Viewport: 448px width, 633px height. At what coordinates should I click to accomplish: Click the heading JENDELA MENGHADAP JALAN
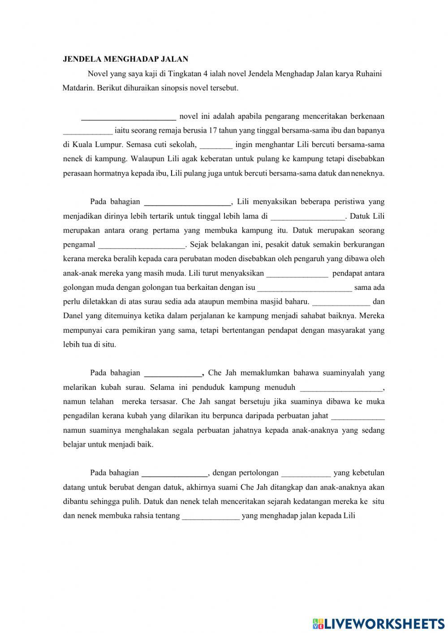pyautogui.click(x=125, y=59)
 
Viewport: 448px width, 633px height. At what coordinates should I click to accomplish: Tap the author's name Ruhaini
pyautogui.click(x=369, y=74)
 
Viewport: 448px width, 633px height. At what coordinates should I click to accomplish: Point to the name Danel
pyautogui.click(x=73, y=315)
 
